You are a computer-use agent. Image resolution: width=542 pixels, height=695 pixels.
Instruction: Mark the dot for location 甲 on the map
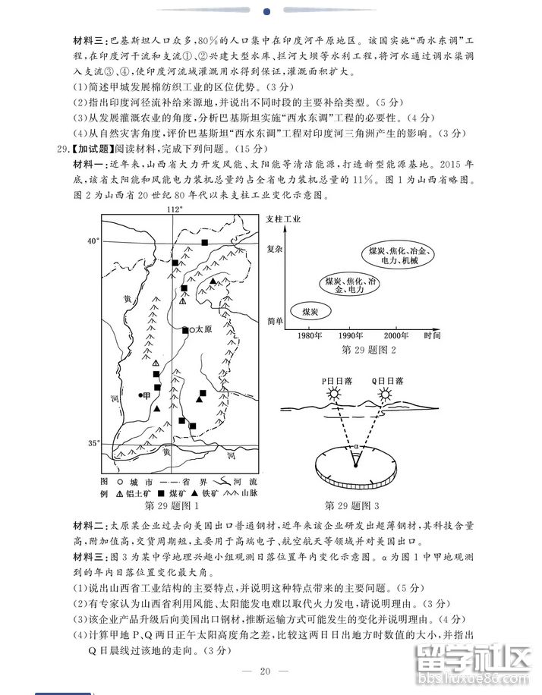click(141, 395)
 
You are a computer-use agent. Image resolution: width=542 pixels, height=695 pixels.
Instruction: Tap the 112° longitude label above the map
click(175, 209)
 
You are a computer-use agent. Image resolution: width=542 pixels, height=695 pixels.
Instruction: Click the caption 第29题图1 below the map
click(171, 505)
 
